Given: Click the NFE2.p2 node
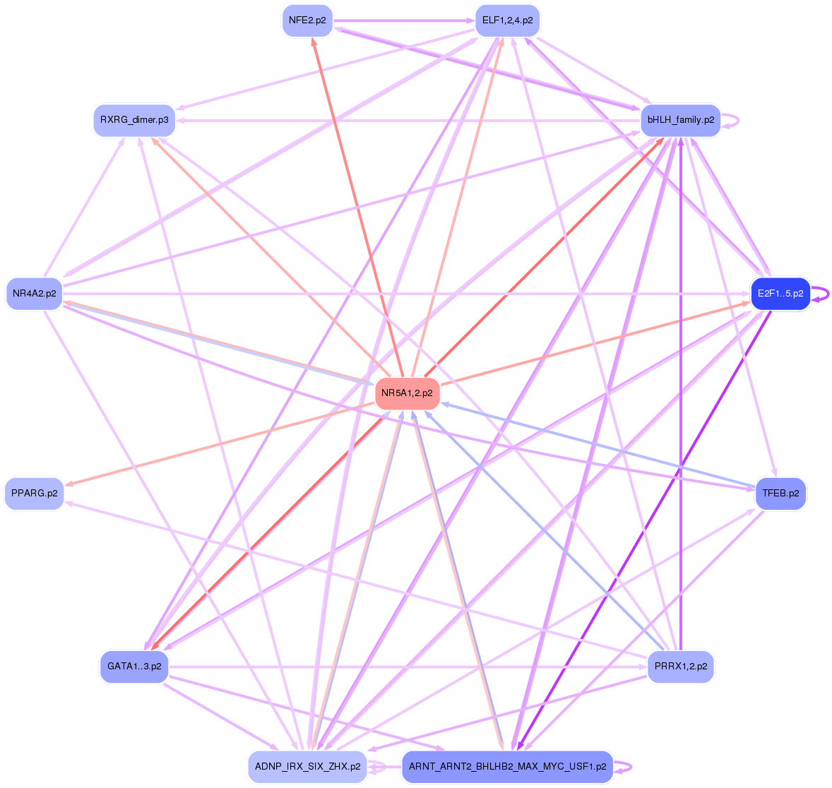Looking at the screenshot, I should coord(307,20).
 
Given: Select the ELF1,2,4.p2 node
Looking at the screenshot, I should coord(507,20).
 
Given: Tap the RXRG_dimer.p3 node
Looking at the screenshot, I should coord(134,120).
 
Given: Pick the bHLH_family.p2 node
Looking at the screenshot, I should coord(680,120).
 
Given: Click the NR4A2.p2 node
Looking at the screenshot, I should coord(35,294).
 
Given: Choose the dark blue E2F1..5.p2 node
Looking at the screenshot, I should coord(780,294).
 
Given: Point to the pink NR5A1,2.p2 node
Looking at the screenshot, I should coord(407,393).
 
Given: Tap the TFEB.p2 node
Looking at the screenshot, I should coord(780,493).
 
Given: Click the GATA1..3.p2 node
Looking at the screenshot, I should coord(134,666).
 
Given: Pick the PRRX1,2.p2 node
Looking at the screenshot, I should coord(680,666).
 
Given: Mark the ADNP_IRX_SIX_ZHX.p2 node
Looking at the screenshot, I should coord(307,766).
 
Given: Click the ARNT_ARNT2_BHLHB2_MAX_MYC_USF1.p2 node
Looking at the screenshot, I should coord(507,766).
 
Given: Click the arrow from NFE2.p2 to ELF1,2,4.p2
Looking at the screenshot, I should coord(403,20).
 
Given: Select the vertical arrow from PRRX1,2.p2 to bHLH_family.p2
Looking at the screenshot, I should coord(681,395).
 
